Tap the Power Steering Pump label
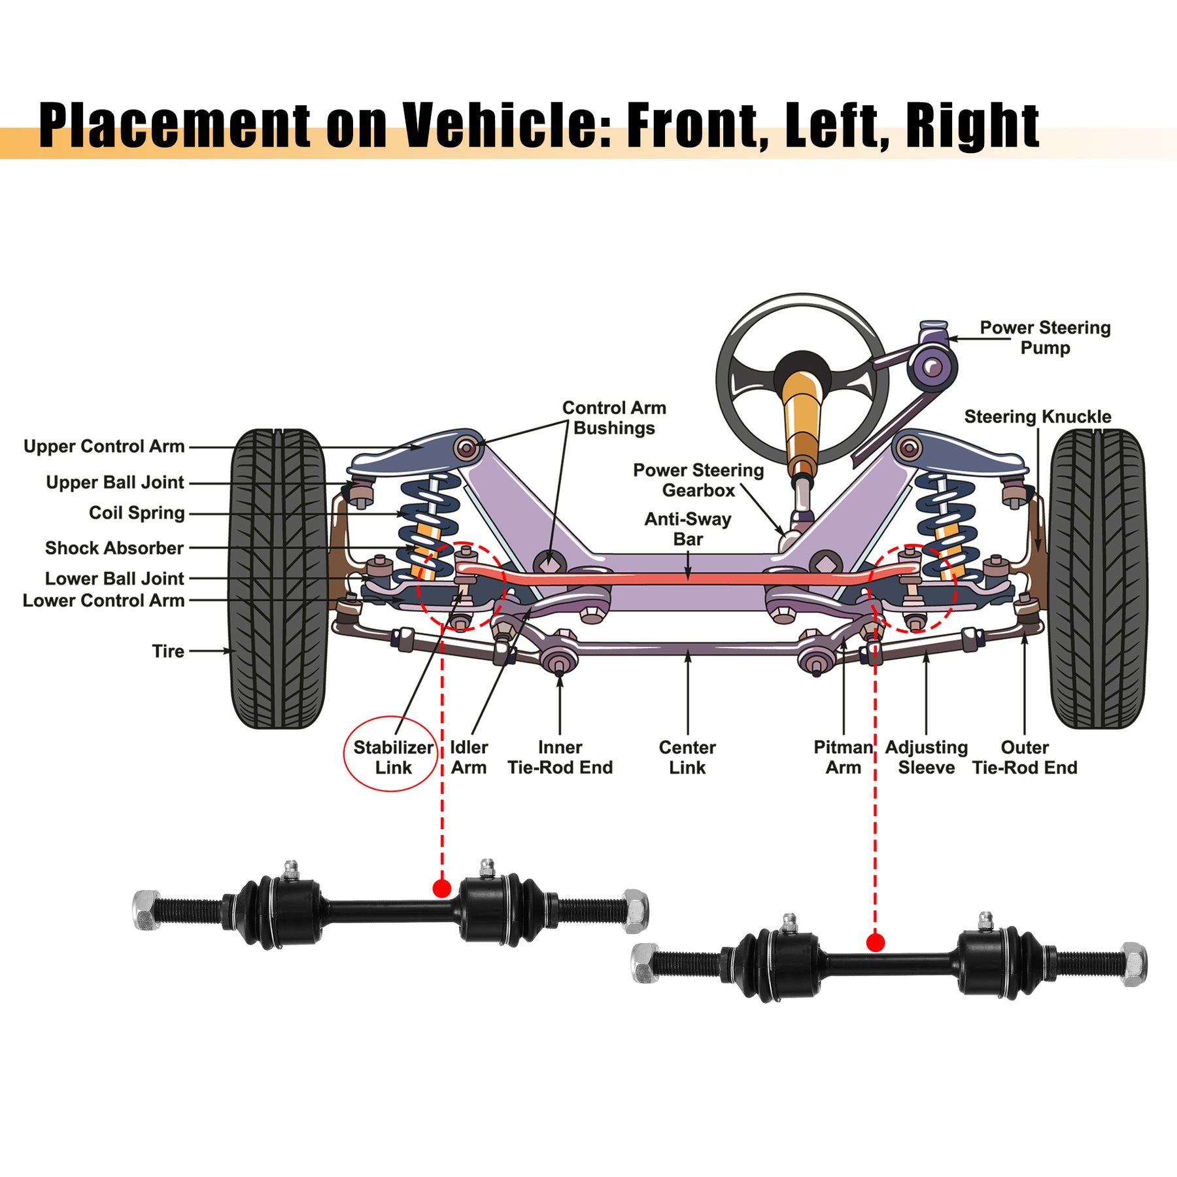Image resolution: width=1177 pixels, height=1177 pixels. pos(1044,337)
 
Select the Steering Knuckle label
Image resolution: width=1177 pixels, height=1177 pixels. pos(1037,417)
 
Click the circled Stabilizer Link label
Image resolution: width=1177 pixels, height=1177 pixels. pos(392,757)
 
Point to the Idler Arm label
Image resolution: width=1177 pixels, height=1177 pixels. pos(468,757)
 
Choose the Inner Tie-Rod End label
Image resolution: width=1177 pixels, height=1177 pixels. pos(560,757)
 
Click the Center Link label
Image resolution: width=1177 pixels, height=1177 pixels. pos(687,757)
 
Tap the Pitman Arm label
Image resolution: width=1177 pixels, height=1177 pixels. pos(843,757)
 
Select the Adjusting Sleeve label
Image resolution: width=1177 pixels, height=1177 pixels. pos(926,757)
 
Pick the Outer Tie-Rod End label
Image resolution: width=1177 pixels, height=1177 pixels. pos(1024,757)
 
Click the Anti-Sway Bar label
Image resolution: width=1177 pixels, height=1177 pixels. pos(687,529)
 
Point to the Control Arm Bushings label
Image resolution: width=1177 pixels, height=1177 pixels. pos(614,418)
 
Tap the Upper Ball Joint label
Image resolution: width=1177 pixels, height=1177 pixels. pos(115,483)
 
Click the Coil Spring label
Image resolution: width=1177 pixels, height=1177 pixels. pos(137,513)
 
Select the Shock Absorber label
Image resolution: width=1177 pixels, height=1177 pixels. pos(114,548)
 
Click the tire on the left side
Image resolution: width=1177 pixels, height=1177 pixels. pos(277,579)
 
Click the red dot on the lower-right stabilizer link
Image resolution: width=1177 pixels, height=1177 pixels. pos(875,942)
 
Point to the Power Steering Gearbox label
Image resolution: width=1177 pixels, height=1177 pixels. pos(698,480)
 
